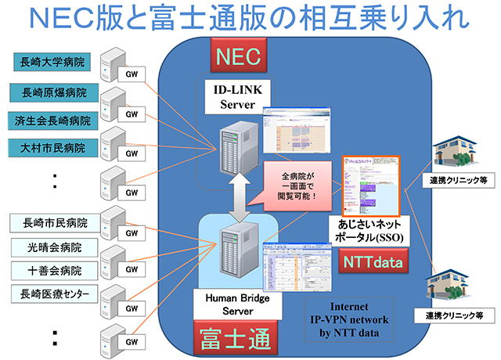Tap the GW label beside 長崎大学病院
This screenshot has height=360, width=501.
pyautogui.click(x=131, y=72)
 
